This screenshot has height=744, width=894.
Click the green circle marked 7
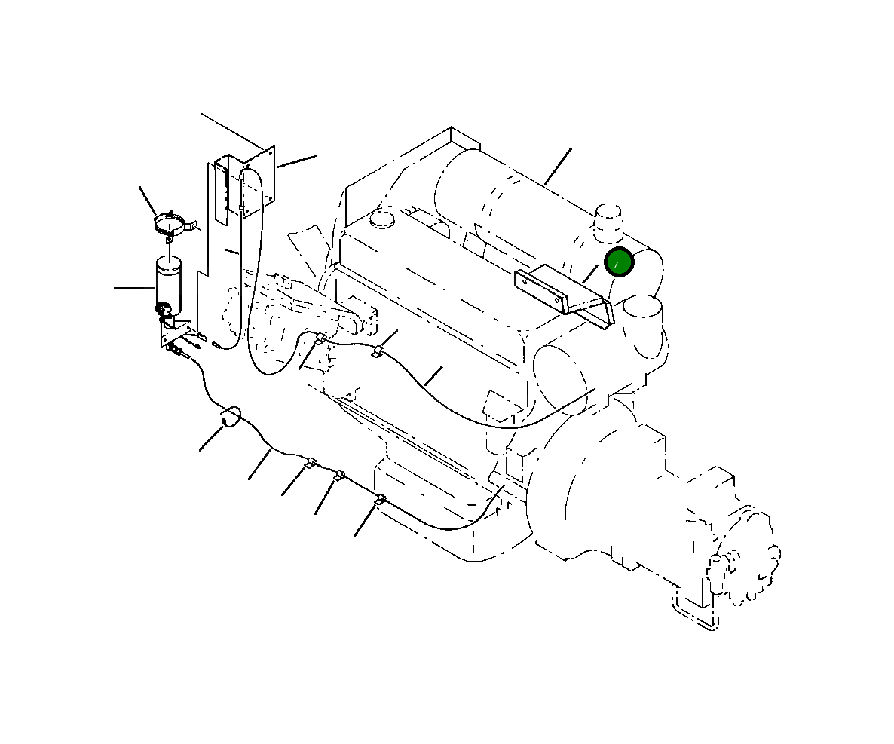(x=619, y=262)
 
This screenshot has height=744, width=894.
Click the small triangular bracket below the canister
(x=173, y=332)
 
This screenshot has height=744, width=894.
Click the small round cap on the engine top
(x=382, y=220)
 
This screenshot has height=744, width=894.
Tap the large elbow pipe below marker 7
(x=644, y=324)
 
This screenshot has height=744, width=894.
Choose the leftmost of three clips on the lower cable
(x=309, y=463)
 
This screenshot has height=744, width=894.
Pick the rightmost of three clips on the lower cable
(x=381, y=499)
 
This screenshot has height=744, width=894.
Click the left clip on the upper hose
(x=320, y=339)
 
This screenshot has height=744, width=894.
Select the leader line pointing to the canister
(x=133, y=287)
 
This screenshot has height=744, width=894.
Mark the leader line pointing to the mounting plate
(x=296, y=161)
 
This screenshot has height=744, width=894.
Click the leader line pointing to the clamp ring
(x=147, y=201)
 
